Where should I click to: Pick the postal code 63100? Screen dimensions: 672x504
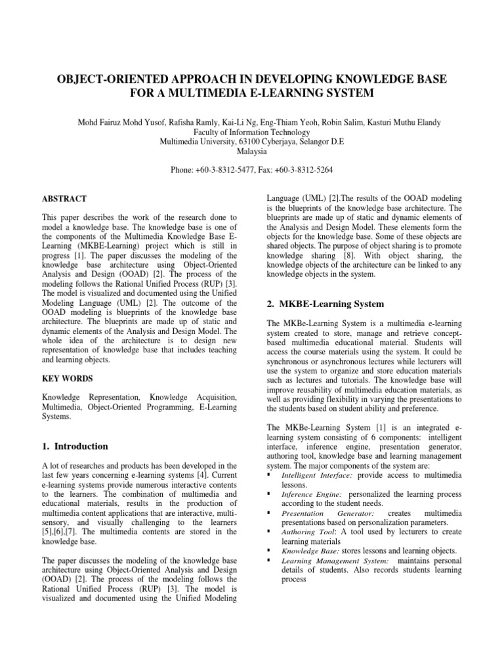coord(234,140)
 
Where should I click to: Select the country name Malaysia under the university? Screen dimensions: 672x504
coord(252,150)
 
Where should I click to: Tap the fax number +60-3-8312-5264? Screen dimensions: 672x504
coord(305,169)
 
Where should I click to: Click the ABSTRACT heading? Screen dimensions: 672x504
coord(64,198)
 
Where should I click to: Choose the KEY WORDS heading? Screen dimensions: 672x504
coord(67,379)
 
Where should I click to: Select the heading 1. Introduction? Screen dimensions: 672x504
coord(75,446)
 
